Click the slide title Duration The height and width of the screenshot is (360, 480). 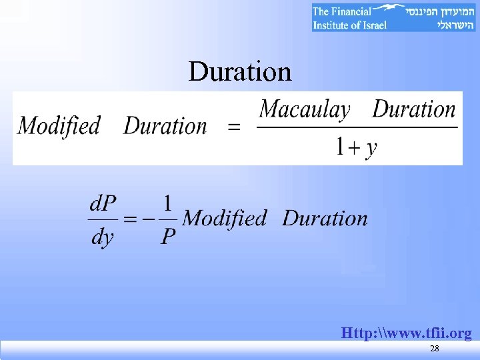tap(240, 71)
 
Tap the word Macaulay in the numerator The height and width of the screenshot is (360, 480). tap(305, 110)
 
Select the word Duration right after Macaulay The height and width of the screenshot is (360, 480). tap(414, 109)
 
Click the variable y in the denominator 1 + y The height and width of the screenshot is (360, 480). tap(371, 147)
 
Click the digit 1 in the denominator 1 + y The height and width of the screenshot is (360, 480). tap(339, 146)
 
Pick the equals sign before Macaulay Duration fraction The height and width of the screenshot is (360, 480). tap(234, 127)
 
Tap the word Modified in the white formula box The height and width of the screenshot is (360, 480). tap(59, 126)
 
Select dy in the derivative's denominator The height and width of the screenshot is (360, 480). tap(102, 237)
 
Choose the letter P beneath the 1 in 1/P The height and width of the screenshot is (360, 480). tap(169, 237)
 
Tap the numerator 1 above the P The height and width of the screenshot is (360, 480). tap(168, 201)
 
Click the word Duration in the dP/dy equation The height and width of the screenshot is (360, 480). tap(325, 219)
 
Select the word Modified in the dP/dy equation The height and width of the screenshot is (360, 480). tap(224, 219)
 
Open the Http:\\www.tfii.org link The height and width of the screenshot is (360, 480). tap(406, 333)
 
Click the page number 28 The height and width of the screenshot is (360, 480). tap(435, 350)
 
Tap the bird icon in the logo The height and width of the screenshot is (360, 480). tap(389, 9)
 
